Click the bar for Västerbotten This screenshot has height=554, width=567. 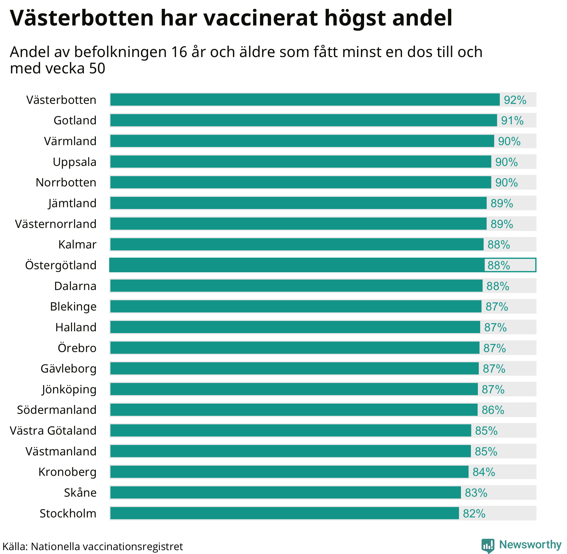tap(305, 100)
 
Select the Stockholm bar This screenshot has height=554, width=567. tap(284, 513)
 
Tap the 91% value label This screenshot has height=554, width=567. tap(512, 120)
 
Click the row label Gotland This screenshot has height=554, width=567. tap(75, 120)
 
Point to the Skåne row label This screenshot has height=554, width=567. tap(80, 493)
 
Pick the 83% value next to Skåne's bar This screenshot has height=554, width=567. tap(476, 493)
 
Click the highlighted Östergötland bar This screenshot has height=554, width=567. tap(297, 265)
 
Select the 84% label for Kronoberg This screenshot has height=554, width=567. tap(484, 472)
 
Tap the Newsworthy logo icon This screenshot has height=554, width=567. tap(488, 545)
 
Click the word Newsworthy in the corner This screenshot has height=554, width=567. tap(530, 544)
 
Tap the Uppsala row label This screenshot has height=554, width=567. tap(74, 162)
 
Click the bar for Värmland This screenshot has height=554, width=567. tap(302, 141)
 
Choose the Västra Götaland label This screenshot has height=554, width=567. tap(53, 431)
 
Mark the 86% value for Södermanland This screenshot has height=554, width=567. tap(493, 410)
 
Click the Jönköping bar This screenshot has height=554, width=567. tap(294, 389)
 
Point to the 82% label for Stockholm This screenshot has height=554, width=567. tap(474, 514)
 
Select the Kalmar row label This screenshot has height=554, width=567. tap(77, 245)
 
